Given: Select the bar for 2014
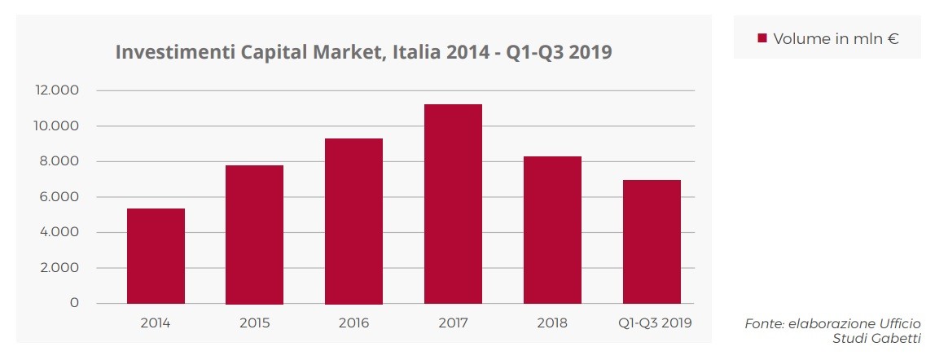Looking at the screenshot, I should (x=156, y=256).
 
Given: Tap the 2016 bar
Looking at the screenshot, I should (x=353, y=221).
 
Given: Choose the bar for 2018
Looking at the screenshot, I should (x=552, y=230).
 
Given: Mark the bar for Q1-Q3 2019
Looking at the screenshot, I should (x=652, y=242).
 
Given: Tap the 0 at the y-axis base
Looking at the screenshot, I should (x=75, y=303).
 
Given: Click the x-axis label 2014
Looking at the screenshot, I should (x=156, y=323).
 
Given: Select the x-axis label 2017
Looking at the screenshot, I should (x=453, y=323).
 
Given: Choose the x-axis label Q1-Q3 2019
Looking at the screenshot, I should (x=652, y=323).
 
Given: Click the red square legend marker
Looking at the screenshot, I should (x=762, y=38).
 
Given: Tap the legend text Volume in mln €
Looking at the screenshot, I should (x=836, y=38).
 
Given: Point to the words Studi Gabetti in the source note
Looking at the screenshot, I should (x=876, y=338).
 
